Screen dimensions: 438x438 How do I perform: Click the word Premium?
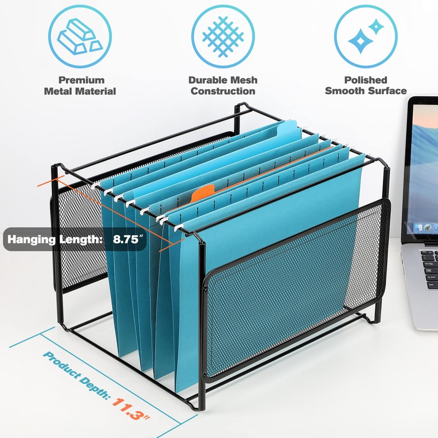(x=81, y=80)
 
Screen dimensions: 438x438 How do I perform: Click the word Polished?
(x=366, y=80)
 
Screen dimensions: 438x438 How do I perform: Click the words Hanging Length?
(x=55, y=239)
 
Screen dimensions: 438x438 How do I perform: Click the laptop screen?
(x=424, y=170)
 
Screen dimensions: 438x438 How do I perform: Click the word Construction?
(x=223, y=91)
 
